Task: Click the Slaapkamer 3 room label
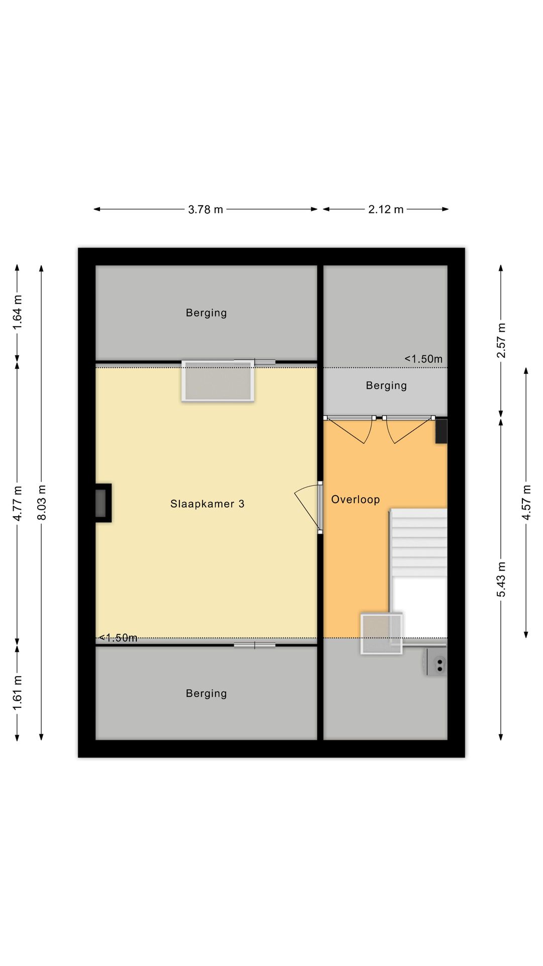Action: click(207, 504)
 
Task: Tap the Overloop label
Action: click(355, 500)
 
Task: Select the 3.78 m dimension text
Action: click(206, 209)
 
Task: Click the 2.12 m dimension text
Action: click(386, 209)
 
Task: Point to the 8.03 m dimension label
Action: click(42, 503)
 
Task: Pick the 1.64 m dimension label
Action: click(18, 312)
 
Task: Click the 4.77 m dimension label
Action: click(18, 504)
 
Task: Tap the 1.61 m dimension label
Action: click(18, 693)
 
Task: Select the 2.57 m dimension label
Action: click(501, 341)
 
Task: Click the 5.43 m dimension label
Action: click(501, 579)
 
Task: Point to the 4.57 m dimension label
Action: click(526, 503)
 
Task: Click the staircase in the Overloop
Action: click(418, 574)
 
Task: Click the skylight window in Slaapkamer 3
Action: click(218, 381)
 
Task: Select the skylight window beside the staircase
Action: click(382, 634)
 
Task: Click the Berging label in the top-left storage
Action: click(206, 313)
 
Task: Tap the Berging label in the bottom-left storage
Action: click(206, 693)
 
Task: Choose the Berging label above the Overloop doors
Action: click(386, 385)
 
